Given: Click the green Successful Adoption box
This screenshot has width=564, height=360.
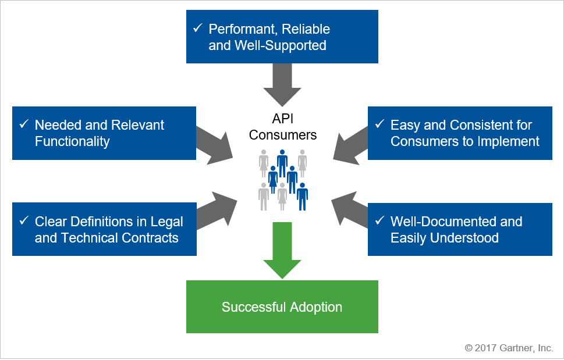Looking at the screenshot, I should (x=282, y=306).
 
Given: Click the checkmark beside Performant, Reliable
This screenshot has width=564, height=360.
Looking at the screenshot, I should (x=197, y=28).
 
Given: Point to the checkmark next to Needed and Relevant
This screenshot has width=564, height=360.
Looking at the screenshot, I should (x=23, y=124).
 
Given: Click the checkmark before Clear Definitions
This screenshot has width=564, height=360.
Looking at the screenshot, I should (x=23, y=221).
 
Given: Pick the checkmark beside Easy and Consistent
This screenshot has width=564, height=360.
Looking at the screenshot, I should (x=379, y=124).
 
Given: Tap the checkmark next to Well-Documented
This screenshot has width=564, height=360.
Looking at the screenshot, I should (x=379, y=221).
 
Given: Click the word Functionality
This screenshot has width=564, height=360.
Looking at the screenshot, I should (x=72, y=141).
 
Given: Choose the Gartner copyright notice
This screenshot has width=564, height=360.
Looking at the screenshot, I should (x=509, y=348).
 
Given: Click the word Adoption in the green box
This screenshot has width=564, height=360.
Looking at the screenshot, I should (x=315, y=307).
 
